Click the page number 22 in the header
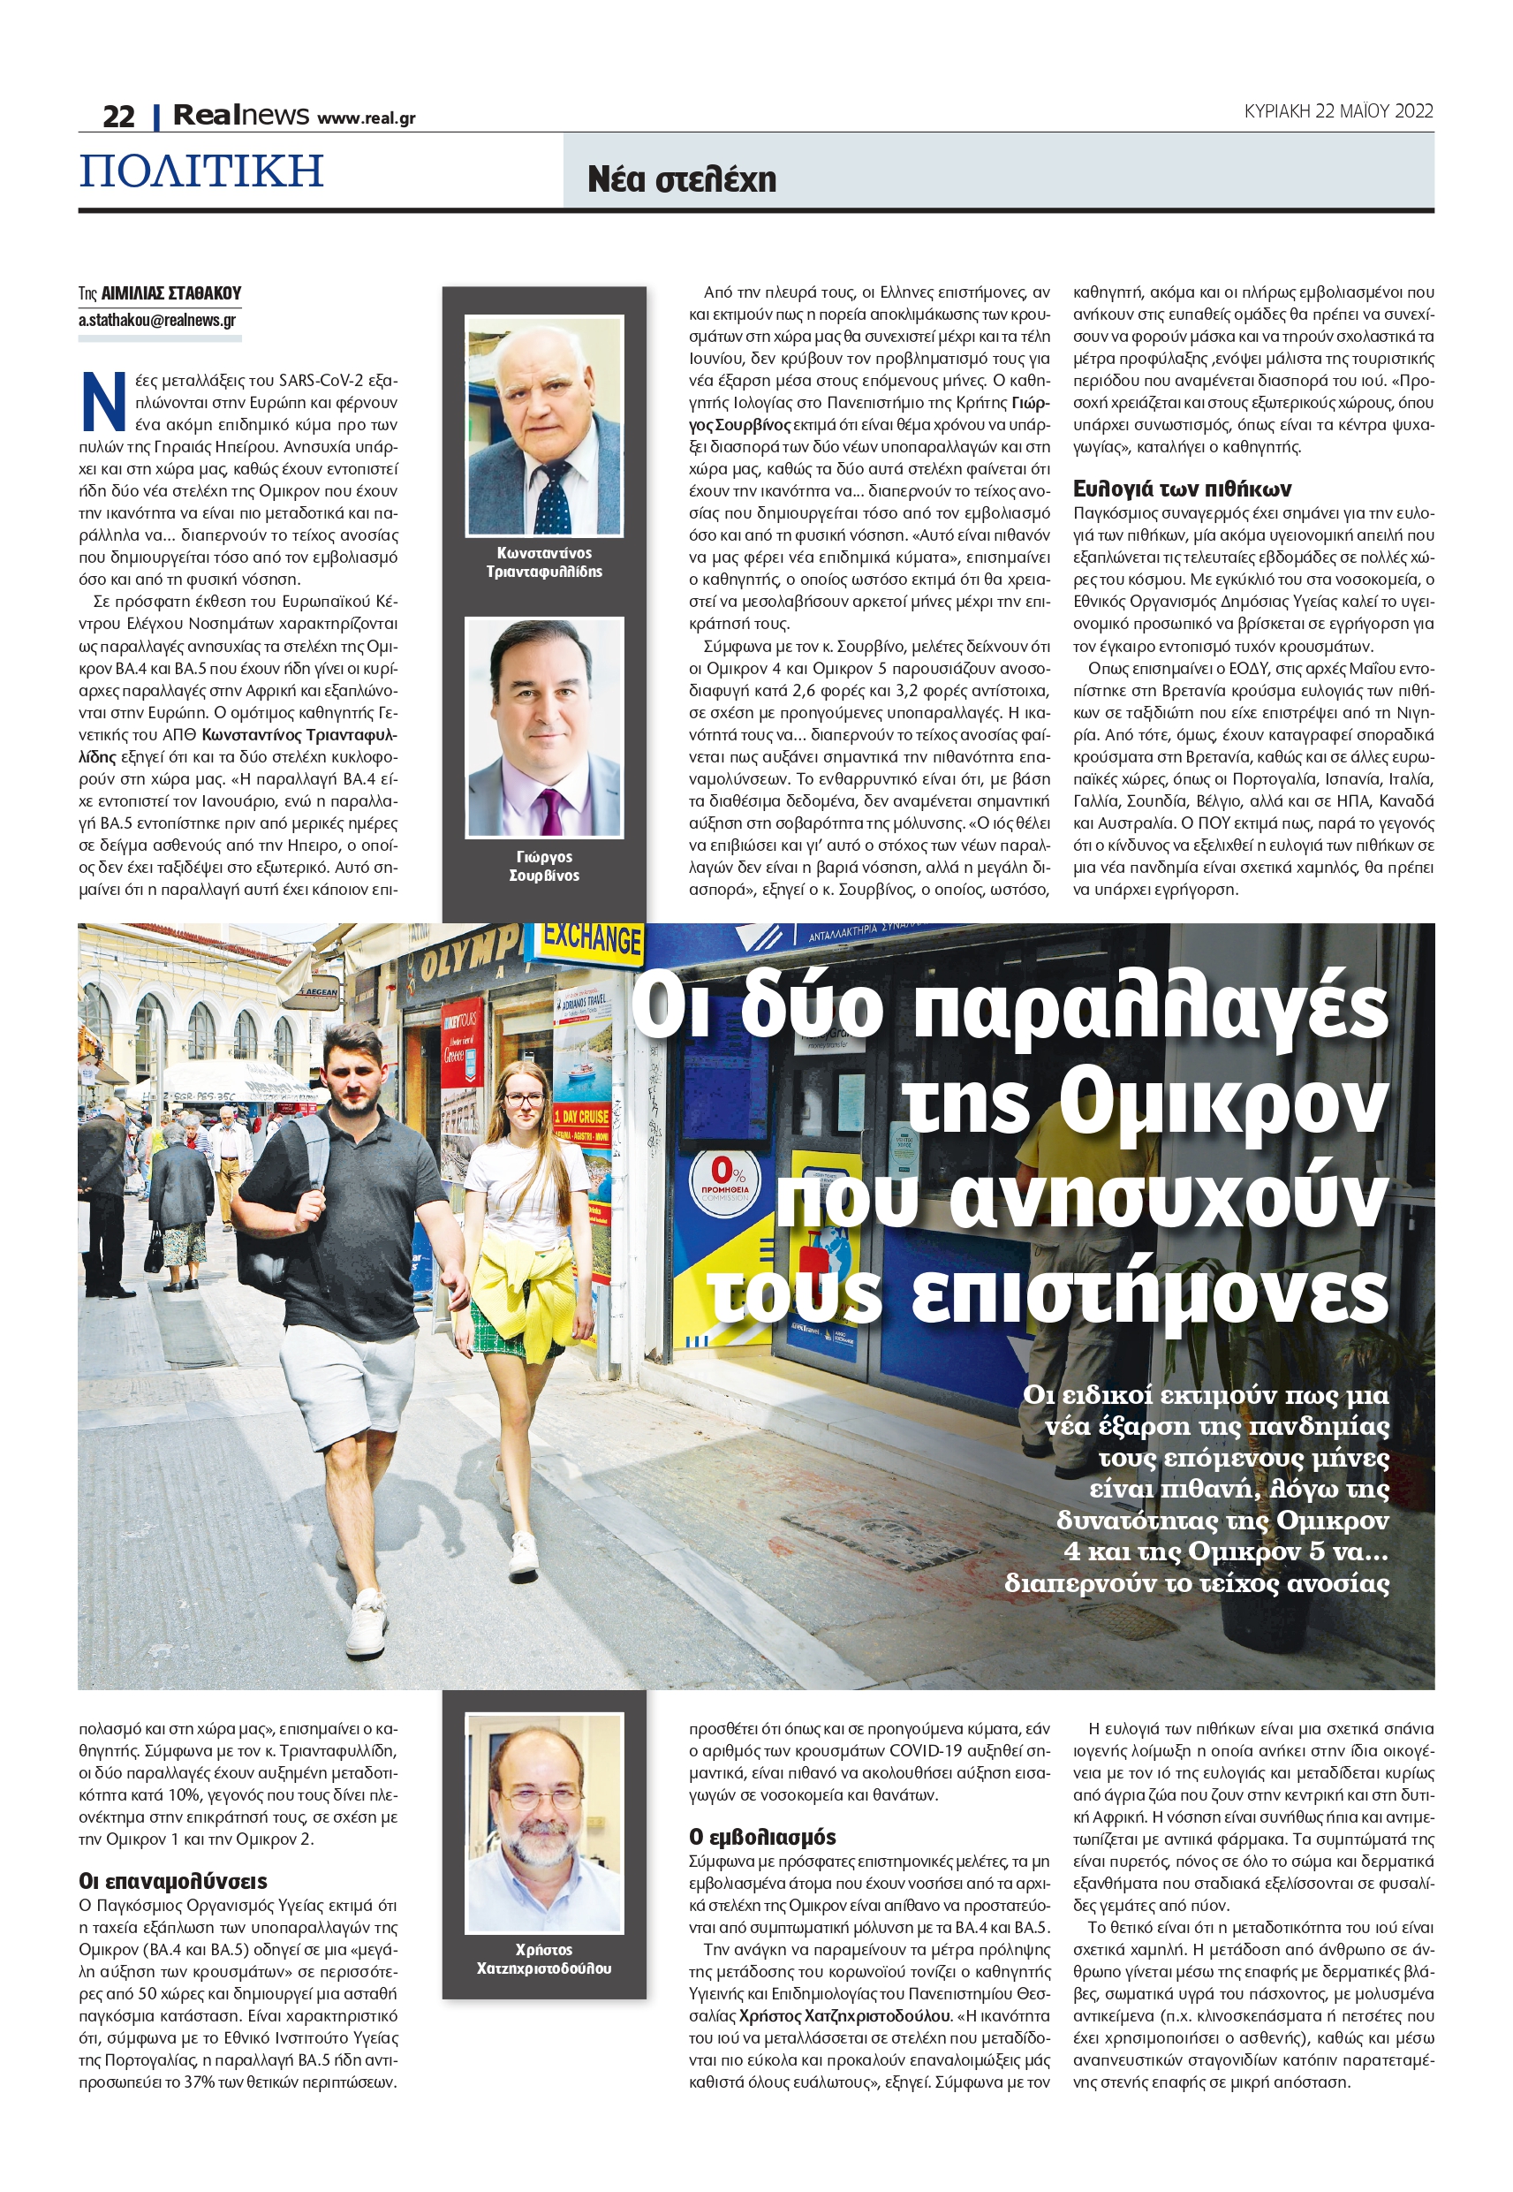118,117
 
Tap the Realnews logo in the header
241,116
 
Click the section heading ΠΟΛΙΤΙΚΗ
201,171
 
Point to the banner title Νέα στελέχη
682,179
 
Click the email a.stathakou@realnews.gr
157,321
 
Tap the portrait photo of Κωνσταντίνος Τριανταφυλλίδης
544,426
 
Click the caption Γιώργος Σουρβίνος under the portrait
544,866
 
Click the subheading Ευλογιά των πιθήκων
1181,489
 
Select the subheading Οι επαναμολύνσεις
172,1881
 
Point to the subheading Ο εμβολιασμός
762,1837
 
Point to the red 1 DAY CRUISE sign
581,1116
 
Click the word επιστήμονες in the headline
1148,1293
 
